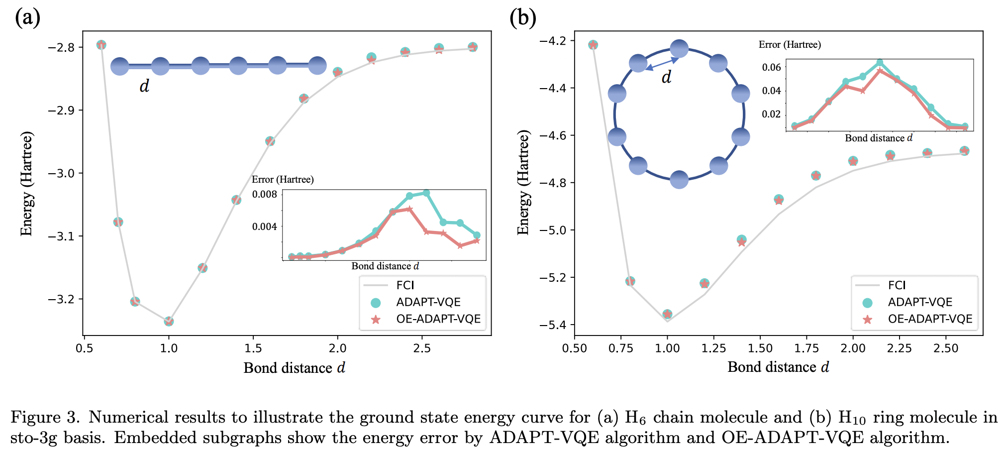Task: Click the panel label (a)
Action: pos(27,18)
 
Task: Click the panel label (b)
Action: pos(522,18)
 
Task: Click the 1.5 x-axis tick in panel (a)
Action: pos(253,348)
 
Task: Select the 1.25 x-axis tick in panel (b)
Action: pos(713,348)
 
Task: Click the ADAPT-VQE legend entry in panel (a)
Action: pos(428,302)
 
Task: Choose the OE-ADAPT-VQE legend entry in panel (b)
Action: pos(929,319)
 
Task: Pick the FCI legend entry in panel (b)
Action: pos(897,285)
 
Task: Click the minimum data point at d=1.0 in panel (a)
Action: pos(169,321)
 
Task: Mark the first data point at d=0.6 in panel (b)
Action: pos(593,45)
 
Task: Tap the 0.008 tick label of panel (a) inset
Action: pos(264,194)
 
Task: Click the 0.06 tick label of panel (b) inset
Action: pos(771,67)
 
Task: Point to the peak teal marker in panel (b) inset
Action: pos(880,63)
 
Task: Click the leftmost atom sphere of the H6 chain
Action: pos(119,66)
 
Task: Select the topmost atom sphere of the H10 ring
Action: pos(679,49)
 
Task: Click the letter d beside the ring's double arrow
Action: pos(666,77)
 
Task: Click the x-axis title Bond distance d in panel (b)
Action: pos(778,367)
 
